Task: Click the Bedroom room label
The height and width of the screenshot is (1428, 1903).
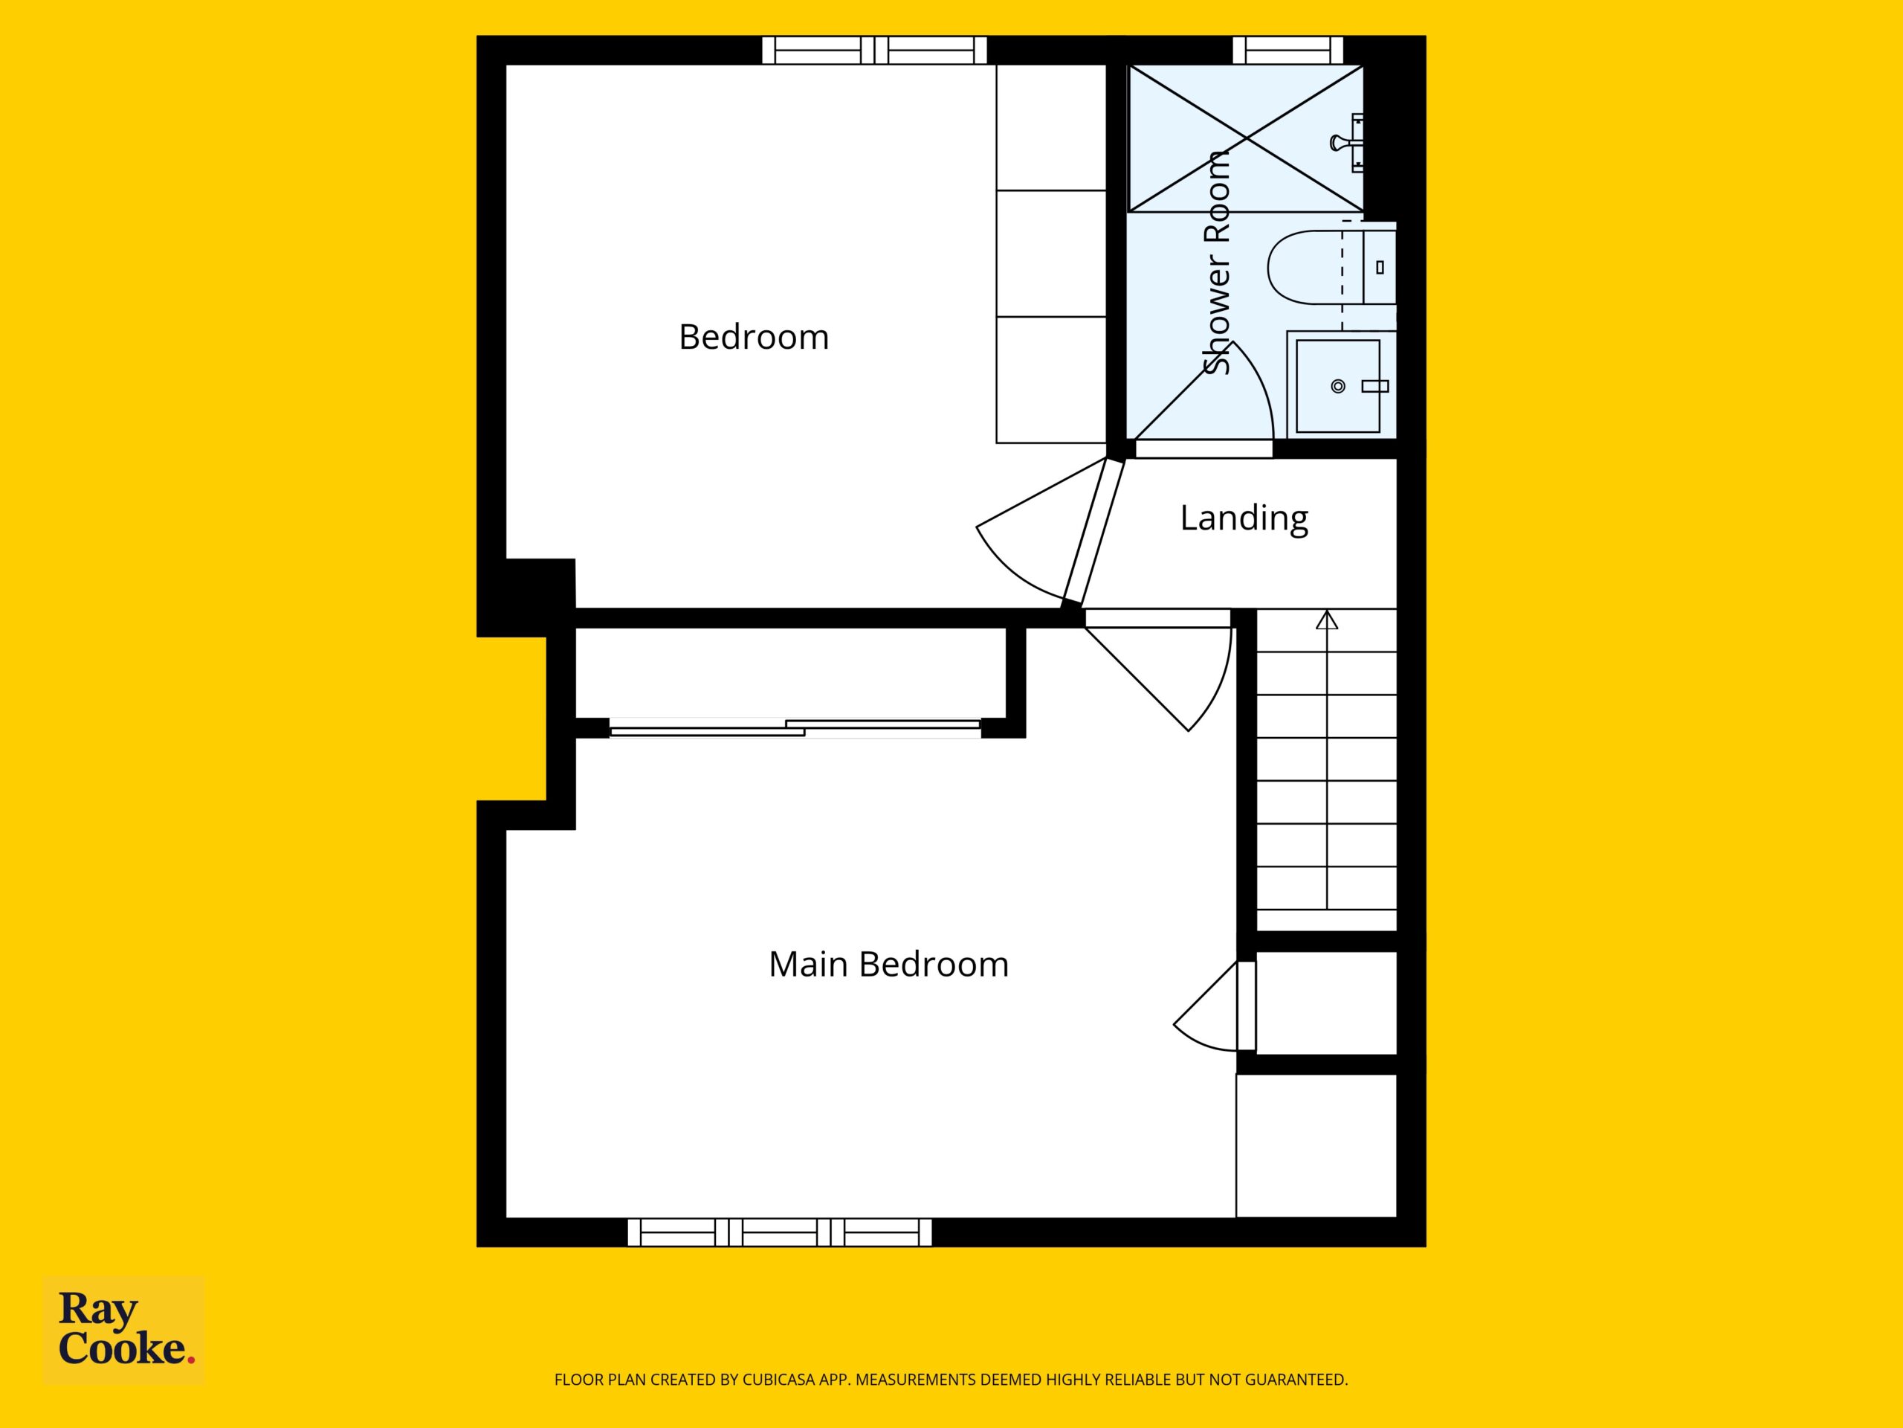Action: tap(754, 337)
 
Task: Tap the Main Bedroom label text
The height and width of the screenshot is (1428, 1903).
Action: tap(889, 964)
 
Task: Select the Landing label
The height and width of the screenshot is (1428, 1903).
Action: tap(1244, 518)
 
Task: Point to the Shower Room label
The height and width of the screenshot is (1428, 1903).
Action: tap(1215, 263)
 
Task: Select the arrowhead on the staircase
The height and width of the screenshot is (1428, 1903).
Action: tap(1328, 619)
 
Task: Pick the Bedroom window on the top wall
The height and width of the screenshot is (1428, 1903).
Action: tap(874, 50)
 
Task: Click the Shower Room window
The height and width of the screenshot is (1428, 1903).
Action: tap(1288, 50)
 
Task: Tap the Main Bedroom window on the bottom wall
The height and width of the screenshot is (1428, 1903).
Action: tap(780, 1232)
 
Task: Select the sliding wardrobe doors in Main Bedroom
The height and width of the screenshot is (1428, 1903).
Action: tap(795, 728)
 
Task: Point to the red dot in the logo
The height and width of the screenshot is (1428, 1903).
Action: tap(191, 1360)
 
